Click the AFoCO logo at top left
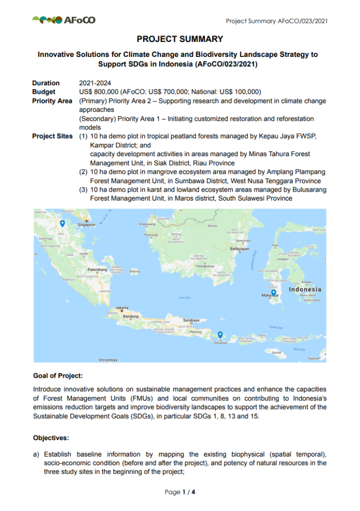click(x=64, y=20)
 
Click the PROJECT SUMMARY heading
click(x=180, y=39)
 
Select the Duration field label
click(x=46, y=83)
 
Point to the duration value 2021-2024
click(x=95, y=83)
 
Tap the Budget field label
click(x=44, y=92)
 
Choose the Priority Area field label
click(x=53, y=101)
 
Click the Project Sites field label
click(x=53, y=136)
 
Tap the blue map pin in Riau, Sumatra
click(x=62, y=224)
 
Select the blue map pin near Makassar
click(x=274, y=292)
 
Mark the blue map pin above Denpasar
click(x=220, y=335)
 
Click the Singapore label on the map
click(x=86, y=225)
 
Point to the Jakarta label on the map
click(x=122, y=307)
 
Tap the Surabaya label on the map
click(x=191, y=320)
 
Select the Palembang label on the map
click(x=98, y=269)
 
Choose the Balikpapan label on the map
click(x=239, y=248)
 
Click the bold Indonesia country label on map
click(x=305, y=289)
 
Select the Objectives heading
click(x=51, y=438)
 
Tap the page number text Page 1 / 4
click(x=180, y=492)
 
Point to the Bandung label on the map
click(x=131, y=316)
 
